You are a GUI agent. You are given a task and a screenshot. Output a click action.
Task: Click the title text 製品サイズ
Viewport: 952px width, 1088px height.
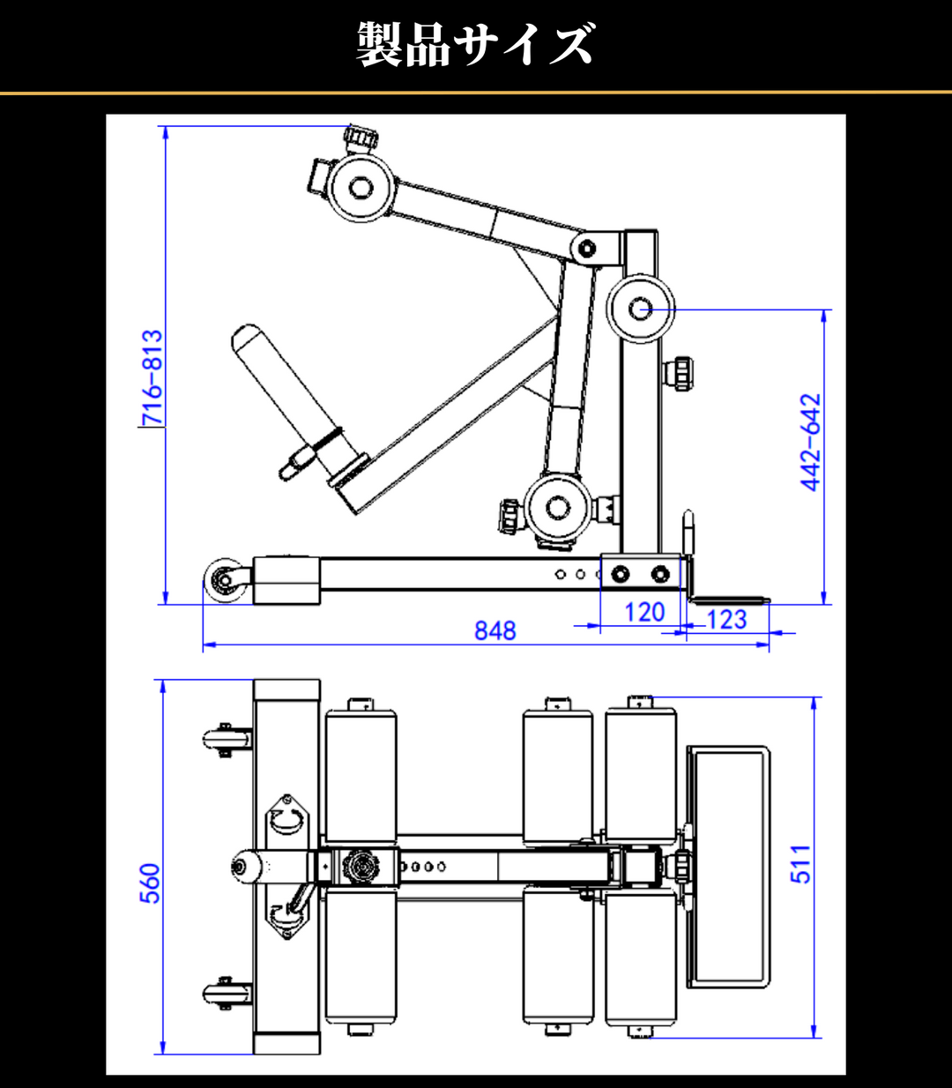coord(475,44)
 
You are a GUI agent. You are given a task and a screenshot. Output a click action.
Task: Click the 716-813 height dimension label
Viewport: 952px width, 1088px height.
coord(152,377)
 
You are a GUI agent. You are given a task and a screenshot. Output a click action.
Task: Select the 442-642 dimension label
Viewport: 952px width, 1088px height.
coord(811,442)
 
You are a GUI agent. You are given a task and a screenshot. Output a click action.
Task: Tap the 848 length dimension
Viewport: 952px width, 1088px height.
coord(495,630)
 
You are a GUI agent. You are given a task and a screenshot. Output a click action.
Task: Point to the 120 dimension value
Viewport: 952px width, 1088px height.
coord(643,613)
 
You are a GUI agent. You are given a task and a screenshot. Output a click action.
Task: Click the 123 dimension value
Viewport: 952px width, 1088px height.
coord(726,620)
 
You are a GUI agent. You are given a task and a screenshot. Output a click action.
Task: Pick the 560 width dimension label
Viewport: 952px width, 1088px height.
coord(151,883)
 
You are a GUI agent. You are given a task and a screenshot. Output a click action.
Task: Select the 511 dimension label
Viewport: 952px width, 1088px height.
coord(800,864)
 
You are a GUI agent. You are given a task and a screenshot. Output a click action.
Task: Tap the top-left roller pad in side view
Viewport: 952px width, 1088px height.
coord(361,188)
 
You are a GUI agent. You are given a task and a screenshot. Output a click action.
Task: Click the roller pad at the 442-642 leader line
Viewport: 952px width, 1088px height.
coord(641,309)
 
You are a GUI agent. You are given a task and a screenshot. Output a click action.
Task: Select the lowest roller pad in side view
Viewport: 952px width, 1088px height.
coord(555,508)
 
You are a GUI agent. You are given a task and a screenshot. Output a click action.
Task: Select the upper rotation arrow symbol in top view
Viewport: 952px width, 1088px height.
coord(288,818)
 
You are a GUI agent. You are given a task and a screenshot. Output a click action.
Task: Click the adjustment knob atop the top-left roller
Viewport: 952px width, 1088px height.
coord(361,139)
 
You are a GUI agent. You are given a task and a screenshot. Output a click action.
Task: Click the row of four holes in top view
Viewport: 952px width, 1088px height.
coord(423,867)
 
